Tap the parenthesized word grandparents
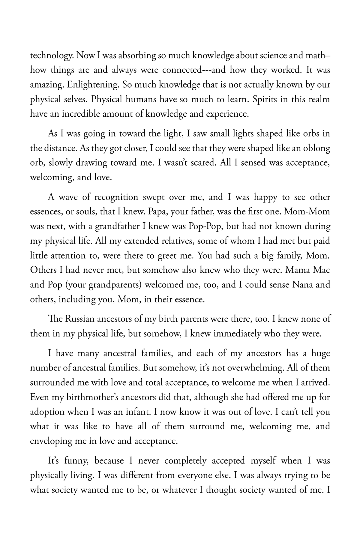click(115, 284)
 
